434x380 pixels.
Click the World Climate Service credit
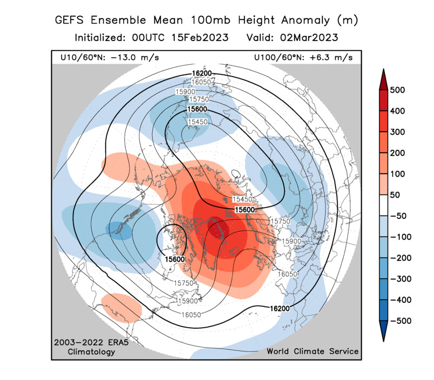click(x=313, y=351)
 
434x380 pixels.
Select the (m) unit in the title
click(x=347, y=20)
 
